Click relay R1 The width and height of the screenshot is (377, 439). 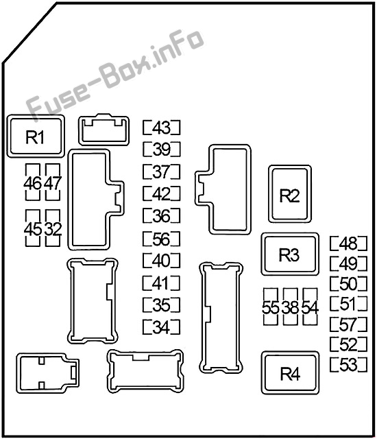[x=36, y=137]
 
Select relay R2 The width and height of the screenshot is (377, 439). [x=290, y=194]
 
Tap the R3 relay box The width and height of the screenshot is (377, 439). [x=290, y=254]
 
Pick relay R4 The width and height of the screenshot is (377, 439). [x=291, y=373]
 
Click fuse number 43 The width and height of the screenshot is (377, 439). [x=161, y=128]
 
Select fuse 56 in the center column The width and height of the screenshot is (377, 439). [x=161, y=239]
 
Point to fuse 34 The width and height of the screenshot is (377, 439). [x=161, y=327]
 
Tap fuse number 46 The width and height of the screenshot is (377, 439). [x=33, y=182]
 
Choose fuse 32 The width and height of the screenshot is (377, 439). [x=53, y=228]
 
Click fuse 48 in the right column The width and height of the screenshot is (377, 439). [x=348, y=244]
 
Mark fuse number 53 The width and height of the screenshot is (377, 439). [x=348, y=364]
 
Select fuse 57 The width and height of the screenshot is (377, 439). [x=348, y=324]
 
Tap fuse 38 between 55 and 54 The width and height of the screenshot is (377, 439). [x=291, y=307]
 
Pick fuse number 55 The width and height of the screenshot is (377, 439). [x=271, y=307]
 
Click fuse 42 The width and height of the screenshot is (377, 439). [x=161, y=193]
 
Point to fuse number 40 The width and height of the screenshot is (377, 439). [x=161, y=261]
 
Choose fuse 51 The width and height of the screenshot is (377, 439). [x=348, y=304]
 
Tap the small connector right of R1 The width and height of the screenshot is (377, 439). [x=104, y=130]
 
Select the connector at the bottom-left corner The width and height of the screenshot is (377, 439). [x=47, y=373]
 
